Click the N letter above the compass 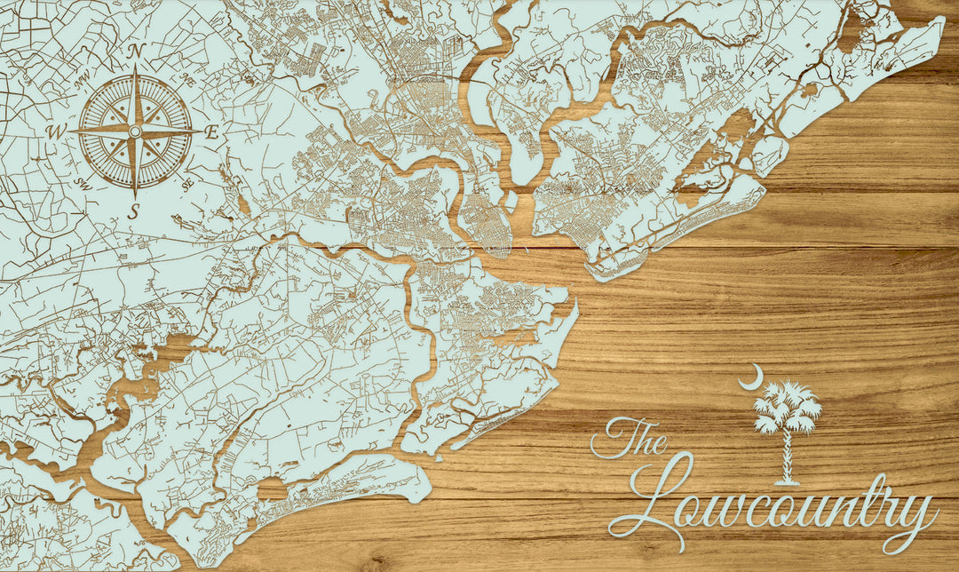[135, 52]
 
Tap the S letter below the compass [134, 211]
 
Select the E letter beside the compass [212, 132]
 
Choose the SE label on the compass [187, 184]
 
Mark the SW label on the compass [83, 184]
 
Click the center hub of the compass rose [135, 131]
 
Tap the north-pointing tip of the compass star [135, 68]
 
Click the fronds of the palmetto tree [786, 408]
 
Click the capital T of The [612, 437]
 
